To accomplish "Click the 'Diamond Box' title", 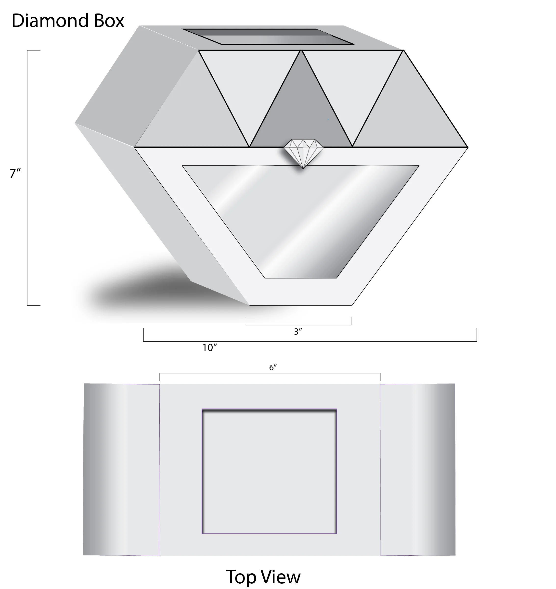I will (68, 21).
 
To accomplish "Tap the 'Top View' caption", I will (263, 576).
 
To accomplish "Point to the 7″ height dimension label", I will (15, 173).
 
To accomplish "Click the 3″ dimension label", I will (298, 332).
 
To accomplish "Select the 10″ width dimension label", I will (209, 347).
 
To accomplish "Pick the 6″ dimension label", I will (273, 367).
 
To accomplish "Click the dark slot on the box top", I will (268, 37).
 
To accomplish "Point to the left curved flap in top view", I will (121, 470).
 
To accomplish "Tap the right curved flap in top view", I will (418, 470).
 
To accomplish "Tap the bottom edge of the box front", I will (300, 305).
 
